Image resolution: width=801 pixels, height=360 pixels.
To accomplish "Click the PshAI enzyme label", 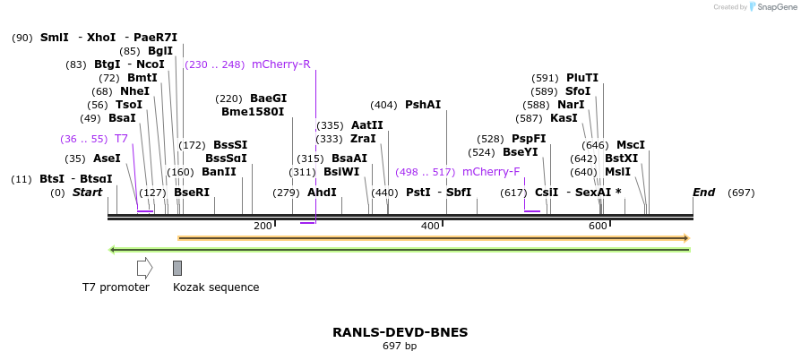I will (423, 105).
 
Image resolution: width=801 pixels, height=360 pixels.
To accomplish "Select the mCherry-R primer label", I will (280, 64).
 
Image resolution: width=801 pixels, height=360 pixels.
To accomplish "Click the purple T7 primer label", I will (121, 139).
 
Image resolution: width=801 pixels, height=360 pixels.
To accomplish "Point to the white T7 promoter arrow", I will (144, 268).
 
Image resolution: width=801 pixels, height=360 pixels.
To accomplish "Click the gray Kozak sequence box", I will (177, 268).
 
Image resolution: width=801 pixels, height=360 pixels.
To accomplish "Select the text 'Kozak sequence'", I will (216, 287).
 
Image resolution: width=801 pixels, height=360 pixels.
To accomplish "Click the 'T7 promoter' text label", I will (116, 287).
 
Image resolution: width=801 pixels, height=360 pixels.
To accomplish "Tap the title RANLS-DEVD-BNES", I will (400, 332).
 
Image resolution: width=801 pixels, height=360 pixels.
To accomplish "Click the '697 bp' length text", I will (400, 346).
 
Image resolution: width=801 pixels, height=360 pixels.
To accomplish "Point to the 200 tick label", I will (263, 227).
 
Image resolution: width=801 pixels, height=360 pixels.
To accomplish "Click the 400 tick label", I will (430, 227).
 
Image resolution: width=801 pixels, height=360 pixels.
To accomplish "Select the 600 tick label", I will (598, 227).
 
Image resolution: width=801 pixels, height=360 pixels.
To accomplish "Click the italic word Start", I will (88, 193).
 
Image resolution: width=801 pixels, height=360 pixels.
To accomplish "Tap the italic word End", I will (703, 193).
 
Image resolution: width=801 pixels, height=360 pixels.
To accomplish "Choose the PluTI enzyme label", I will (582, 78).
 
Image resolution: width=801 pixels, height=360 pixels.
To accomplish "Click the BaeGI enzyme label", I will (268, 99).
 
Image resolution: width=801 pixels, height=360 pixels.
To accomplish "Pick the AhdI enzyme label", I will (322, 193).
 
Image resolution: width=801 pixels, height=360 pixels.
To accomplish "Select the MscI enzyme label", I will (630, 145).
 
